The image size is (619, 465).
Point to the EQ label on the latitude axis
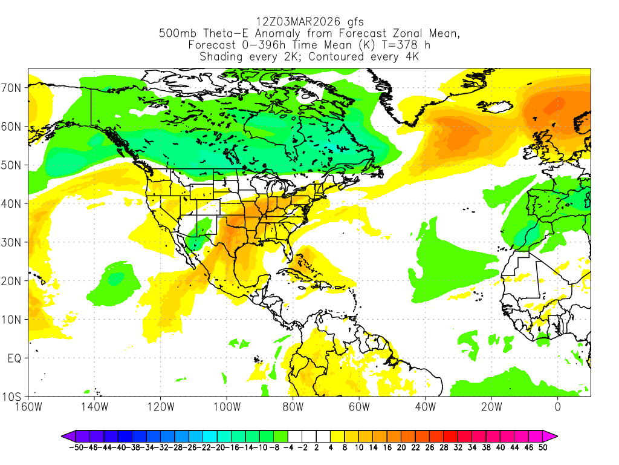click(x=15, y=358)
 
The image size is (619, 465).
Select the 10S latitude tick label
click(x=13, y=397)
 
